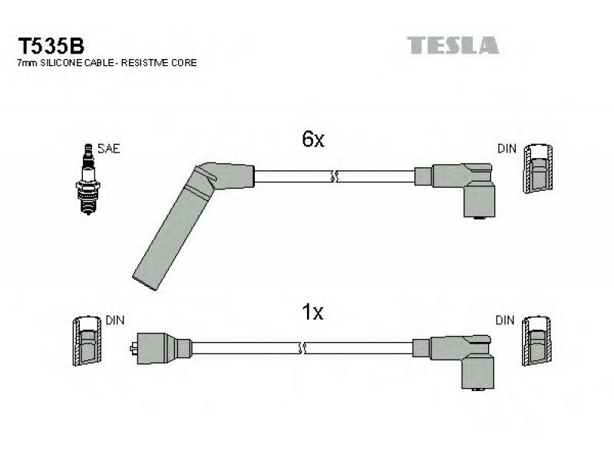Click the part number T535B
[x=51, y=46]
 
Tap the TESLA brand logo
[x=453, y=45]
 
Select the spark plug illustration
[x=88, y=179]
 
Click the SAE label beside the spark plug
[x=108, y=149]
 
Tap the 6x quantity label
[x=313, y=139]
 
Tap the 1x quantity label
[x=312, y=312]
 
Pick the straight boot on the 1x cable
[x=161, y=348]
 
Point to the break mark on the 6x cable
[x=334, y=177]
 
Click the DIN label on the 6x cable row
[x=507, y=149]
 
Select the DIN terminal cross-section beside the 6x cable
[x=538, y=168]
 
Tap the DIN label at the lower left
[x=114, y=320]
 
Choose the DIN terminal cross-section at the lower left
[x=87, y=340]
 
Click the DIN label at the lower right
[x=505, y=320]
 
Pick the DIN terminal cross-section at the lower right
[x=536, y=340]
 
